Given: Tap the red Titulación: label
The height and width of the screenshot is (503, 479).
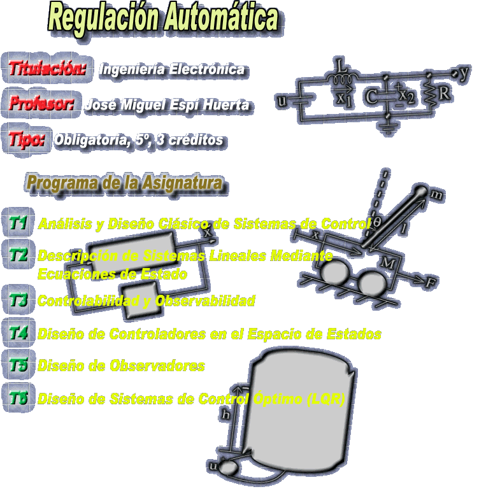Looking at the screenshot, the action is pos(48,68).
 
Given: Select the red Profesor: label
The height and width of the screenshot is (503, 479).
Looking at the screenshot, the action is pos(41,103).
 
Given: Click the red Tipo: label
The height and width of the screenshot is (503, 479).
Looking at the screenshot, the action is pos(27,139).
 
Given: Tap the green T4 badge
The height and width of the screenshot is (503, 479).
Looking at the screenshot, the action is pos(18,333).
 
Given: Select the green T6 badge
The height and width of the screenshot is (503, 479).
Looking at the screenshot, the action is pos(18,398).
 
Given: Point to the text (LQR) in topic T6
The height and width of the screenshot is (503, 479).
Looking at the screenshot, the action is pos(325,399).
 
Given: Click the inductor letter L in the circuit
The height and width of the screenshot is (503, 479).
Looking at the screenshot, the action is pos(341,66).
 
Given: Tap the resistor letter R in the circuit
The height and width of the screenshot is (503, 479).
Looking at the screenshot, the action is pos(445,94).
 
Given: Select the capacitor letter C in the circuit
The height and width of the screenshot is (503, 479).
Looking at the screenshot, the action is pos(371,97).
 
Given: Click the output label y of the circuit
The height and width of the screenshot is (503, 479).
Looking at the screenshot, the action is pos(464,73).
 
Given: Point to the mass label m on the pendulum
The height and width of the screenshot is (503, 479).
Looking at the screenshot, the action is pos(436,194).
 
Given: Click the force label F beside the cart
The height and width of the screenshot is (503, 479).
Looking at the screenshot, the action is pos(431,282).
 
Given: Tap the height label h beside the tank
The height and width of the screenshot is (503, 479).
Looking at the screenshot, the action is pos(226,414).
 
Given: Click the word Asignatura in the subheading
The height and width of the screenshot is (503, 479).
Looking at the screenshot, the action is pos(182,183).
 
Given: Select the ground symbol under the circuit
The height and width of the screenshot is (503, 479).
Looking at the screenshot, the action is pos(388,127).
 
